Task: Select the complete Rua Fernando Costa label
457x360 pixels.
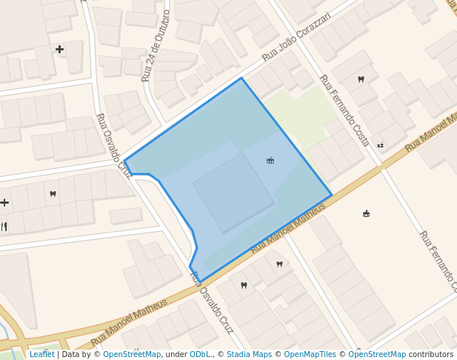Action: pos(344,110)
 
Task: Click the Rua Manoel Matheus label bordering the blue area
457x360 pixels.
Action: pos(288,227)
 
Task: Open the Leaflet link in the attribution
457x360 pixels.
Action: pos(41,354)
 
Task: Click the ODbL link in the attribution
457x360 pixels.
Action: pos(200,354)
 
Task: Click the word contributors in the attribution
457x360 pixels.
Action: pos(431,354)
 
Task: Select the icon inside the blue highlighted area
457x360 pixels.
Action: pos(270,160)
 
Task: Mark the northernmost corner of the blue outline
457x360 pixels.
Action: pos(241,78)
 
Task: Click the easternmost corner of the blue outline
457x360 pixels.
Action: pos(332,196)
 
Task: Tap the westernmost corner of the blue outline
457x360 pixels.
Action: pos(124,161)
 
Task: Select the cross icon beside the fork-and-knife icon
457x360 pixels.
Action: pos(4,202)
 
